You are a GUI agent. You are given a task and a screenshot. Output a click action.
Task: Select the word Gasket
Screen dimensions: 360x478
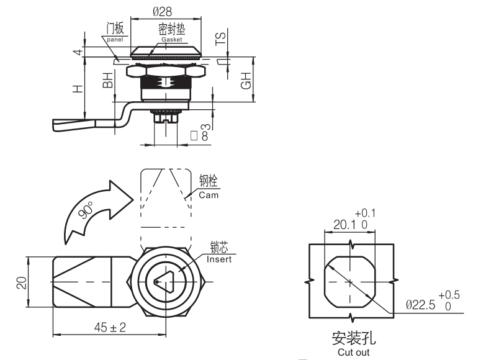click(173, 39)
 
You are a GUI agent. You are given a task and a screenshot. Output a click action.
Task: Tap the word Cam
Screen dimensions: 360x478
click(209, 195)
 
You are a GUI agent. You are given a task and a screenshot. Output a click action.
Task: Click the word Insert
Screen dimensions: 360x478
click(218, 259)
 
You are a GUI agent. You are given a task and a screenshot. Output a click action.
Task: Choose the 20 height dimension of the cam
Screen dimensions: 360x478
click(20, 282)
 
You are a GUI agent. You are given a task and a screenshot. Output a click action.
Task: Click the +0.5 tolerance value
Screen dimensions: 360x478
click(448, 294)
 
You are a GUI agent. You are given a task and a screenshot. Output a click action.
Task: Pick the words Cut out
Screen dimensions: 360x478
click(354, 352)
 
